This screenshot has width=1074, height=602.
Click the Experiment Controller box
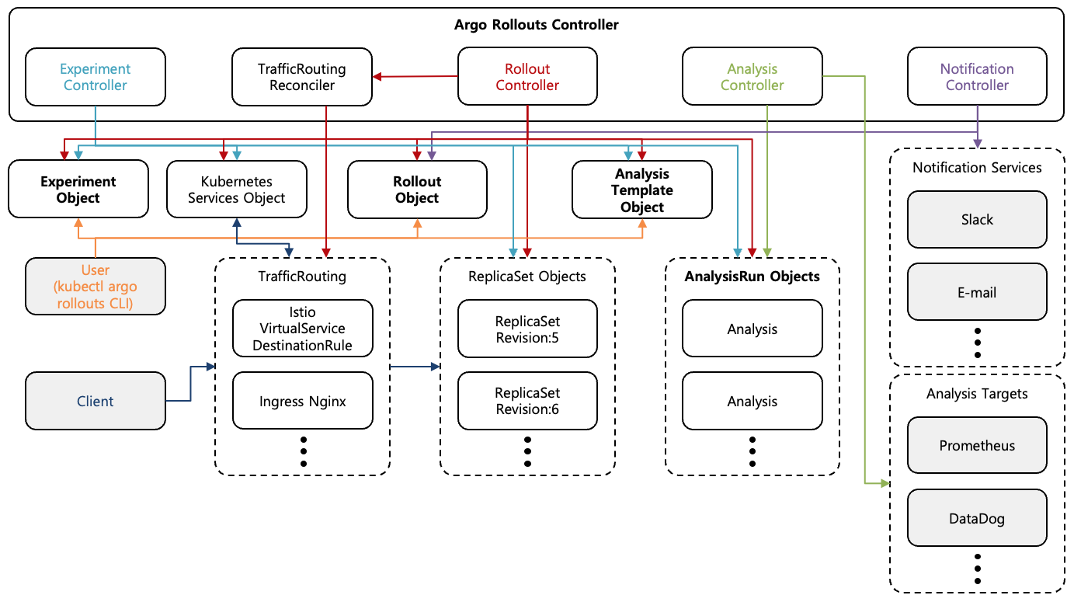95,77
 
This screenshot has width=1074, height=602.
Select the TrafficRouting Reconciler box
301,77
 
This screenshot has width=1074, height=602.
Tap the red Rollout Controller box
527,77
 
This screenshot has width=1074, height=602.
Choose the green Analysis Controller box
752,77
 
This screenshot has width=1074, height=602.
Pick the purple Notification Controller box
977,77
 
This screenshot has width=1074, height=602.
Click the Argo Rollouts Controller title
536,25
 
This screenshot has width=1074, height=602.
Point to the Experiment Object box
78,190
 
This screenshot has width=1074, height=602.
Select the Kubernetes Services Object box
237,190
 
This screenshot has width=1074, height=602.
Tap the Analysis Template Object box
641,190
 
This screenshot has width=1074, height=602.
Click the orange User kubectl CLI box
95,287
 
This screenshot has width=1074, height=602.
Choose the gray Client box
95,401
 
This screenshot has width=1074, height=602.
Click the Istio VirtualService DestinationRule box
303,329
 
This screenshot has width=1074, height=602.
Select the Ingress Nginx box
303,401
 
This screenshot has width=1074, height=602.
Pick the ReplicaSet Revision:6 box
527,401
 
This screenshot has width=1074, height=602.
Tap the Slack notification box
977,220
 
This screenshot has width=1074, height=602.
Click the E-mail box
977,292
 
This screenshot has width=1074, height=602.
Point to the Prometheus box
977,446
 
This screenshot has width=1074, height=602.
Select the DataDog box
977,518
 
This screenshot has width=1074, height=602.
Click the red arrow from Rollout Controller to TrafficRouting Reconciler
415,76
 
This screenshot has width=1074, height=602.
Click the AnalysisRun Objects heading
752,276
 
